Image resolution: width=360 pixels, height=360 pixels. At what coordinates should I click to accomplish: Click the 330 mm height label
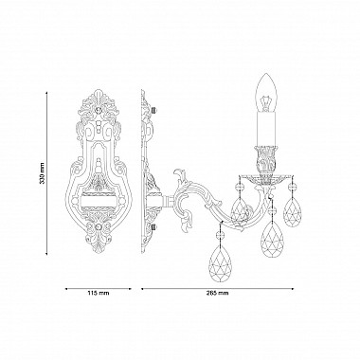(43, 173)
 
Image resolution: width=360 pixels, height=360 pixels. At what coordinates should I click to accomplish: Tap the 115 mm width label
(99, 293)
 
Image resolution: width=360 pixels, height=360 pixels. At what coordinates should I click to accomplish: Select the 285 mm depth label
(217, 293)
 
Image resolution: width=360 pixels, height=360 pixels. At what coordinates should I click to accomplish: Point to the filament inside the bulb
(265, 102)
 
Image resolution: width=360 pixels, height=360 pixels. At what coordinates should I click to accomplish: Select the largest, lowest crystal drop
(221, 261)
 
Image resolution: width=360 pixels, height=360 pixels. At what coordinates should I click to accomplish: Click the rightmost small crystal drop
(292, 212)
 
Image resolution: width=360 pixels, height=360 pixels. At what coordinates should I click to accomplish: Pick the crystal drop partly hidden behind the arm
(241, 210)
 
